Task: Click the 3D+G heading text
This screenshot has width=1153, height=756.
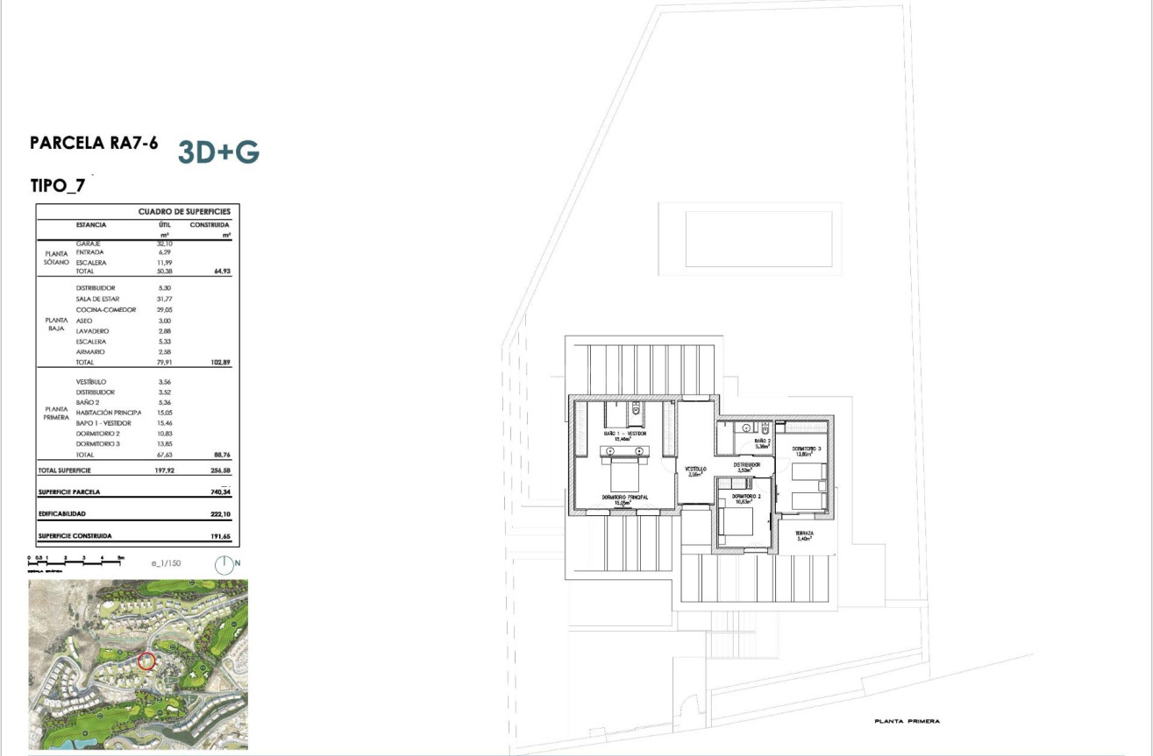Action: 218,152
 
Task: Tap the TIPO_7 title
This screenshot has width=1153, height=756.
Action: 57,186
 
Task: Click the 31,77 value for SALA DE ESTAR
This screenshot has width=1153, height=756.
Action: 164,299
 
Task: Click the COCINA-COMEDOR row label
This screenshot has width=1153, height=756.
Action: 106,309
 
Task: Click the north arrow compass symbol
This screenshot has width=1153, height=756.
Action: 225,565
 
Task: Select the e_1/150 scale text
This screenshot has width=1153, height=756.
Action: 166,564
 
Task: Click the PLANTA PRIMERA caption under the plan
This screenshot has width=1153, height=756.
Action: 907,721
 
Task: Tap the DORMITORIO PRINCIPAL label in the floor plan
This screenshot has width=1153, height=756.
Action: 624,498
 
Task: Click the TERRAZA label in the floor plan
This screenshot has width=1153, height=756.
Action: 804,533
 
